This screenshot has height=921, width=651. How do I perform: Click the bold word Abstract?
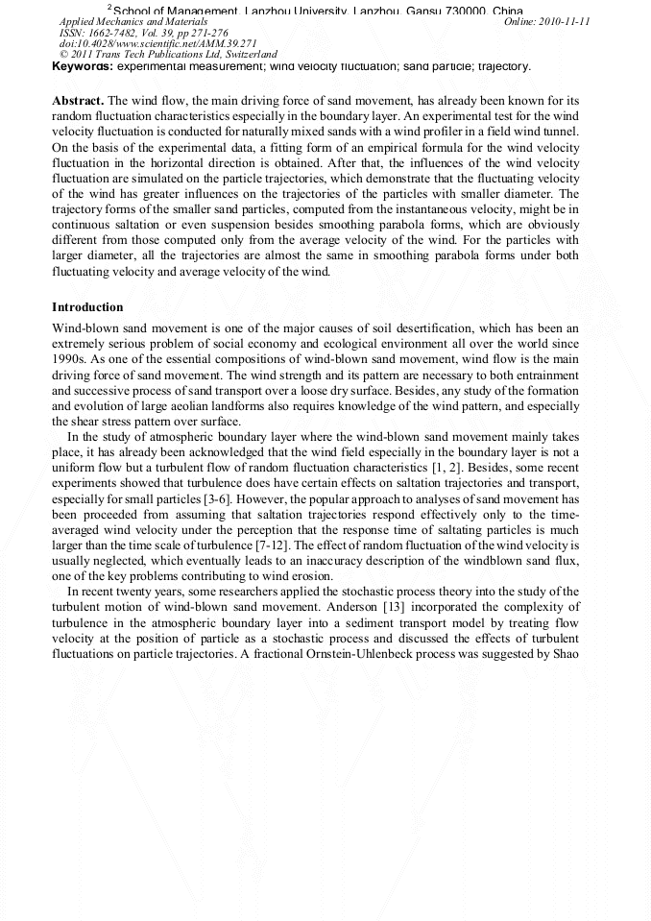click(78, 101)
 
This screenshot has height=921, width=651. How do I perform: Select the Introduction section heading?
click(87, 307)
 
